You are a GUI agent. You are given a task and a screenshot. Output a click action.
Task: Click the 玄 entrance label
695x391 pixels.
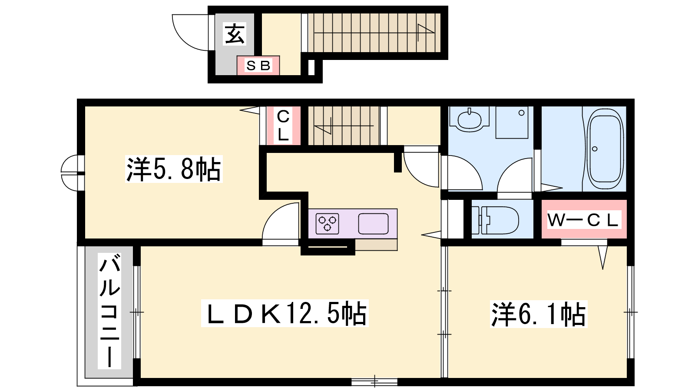pos(235,34)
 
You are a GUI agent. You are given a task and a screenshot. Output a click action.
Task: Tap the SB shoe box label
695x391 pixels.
pos(258,66)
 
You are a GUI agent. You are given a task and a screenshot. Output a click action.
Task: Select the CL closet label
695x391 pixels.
pos(283,126)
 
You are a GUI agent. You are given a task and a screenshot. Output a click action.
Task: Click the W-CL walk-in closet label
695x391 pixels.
pos(583,220)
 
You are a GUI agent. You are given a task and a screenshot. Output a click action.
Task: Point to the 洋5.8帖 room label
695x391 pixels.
pos(174,169)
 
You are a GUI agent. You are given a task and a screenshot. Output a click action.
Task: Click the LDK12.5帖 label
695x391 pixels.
pos(285,313)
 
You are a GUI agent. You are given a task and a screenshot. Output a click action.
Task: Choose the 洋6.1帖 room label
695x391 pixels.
pos(538,314)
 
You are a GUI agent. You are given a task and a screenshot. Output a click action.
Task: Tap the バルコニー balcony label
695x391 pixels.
pos(109,311)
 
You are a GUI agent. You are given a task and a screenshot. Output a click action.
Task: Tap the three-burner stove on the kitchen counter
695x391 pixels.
pos(328,224)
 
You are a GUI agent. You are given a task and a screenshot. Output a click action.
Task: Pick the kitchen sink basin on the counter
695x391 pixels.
pos(374,223)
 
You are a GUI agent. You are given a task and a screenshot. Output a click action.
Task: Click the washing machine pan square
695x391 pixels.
pos(512,122)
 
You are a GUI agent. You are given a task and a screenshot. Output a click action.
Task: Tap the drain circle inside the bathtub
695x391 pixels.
pos(595,149)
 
